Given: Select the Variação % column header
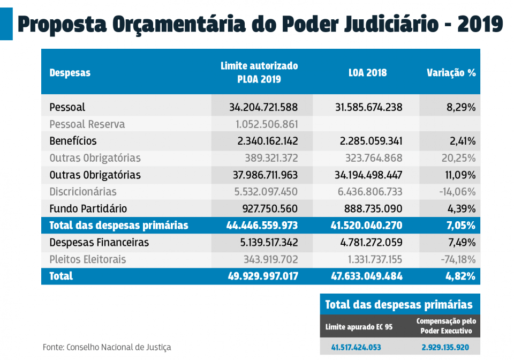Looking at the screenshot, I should pyautogui.click(x=451, y=73).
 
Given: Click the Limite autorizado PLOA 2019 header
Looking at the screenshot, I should pyautogui.click(x=259, y=72).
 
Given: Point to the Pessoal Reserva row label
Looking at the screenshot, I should pyautogui.click(x=87, y=124).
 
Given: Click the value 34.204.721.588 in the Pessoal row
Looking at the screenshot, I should pyautogui.click(x=263, y=108).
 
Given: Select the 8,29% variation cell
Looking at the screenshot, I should pyautogui.click(x=461, y=108).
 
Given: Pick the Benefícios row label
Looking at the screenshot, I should pyautogui.click(x=73, y=141).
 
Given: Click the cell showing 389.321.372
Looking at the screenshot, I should pyautogui.click(x=267, y=158).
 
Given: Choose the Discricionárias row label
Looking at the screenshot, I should pyautogui.click(x=83, y=192).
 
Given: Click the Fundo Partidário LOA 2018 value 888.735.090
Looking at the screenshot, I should pyautogui.click(x=371, y=208).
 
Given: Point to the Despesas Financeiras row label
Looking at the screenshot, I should pyautogui.click(x=99, y=242).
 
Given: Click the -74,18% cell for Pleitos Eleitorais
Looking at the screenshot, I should pyautogui.click(x=457, y=259).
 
